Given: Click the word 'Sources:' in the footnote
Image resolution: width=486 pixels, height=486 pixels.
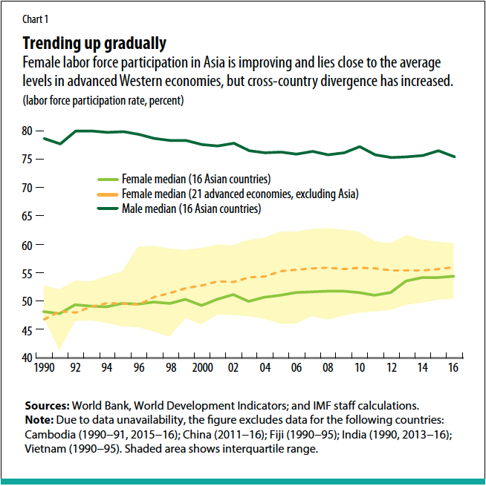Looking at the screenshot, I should coord(47,406).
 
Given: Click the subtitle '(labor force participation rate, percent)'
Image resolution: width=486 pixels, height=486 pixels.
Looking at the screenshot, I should coord(103,99).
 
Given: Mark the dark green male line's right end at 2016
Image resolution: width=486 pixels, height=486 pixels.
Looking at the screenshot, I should coord(453,157).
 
